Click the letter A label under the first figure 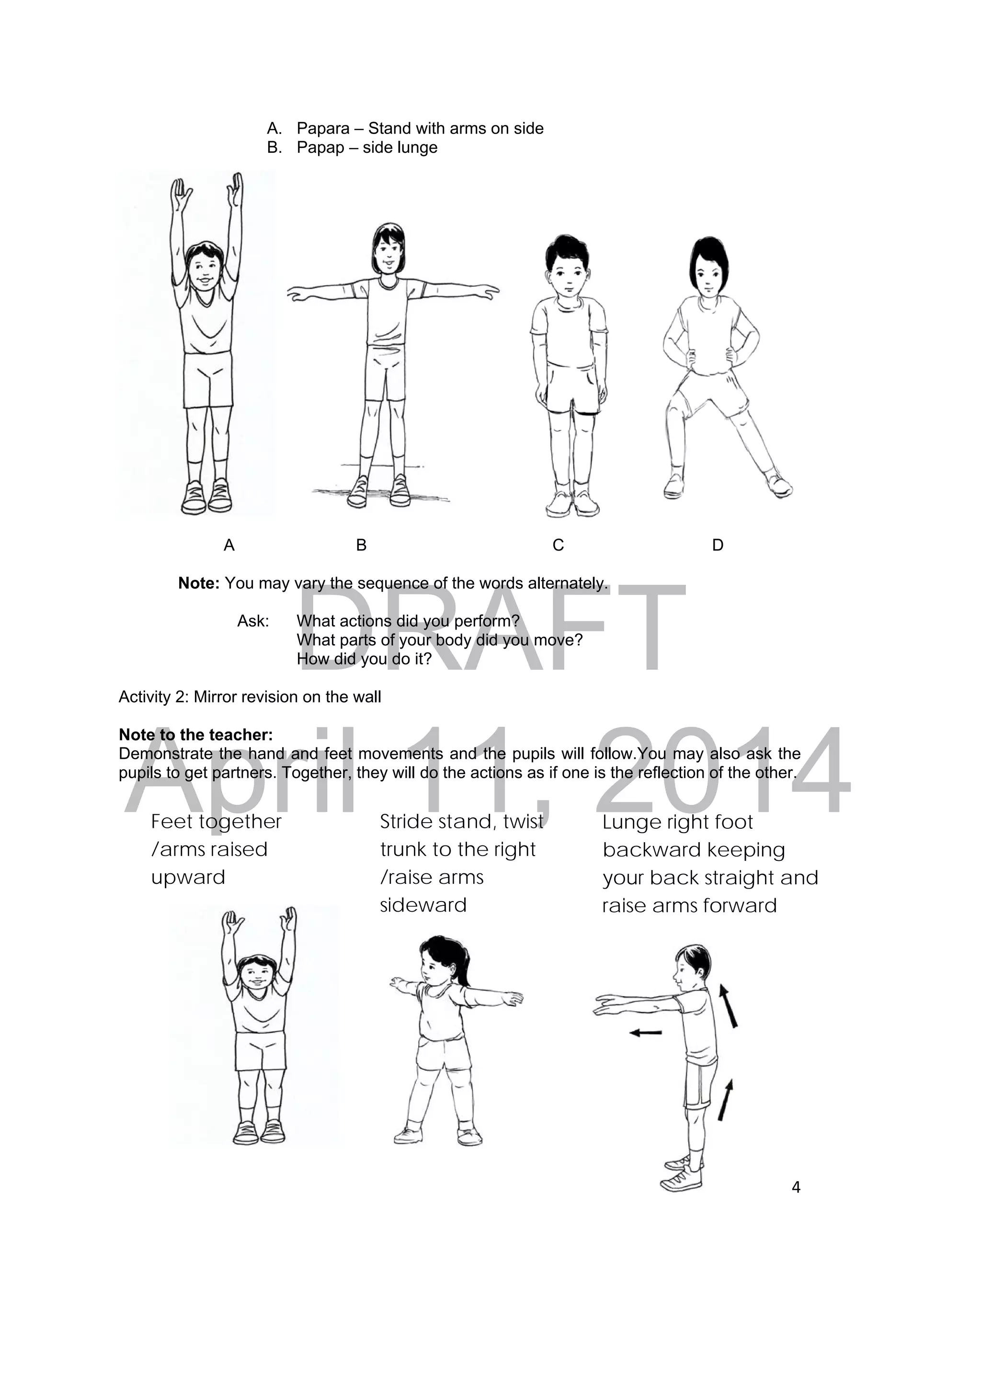click(x=229, y=545)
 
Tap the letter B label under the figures click(x=362, y=545)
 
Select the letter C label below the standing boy click(x=558, y=545)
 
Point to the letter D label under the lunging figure click(x=718, y=545)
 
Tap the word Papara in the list click(x=323, y=129)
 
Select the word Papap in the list click(x=320, y=148)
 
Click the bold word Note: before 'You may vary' click(x=199, y=584)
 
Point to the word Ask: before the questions click(x=252, y=621)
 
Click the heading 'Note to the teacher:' click(x=196, y=734)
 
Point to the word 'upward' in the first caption click(x=188, y=877)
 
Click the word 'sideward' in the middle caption click(x=423, y=905)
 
